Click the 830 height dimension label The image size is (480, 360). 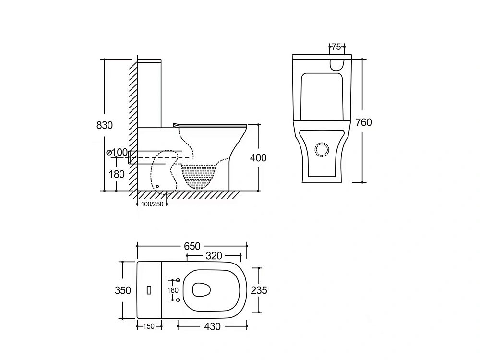click(x=104, y=125)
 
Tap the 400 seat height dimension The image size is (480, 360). click(x=258, y=157)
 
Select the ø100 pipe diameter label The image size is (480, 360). click(x=117, y=152)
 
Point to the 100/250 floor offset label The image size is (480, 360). click(x=152, y=204)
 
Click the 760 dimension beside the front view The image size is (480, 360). click(x=364, y=122)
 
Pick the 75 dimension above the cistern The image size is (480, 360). click(x=336, y=47)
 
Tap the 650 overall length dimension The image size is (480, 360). click(x=192, y=246)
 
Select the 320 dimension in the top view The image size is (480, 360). click(x=214, y=256)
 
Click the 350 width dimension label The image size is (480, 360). click(x=123, y=290)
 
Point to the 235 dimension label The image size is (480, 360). click(x=259, y=290)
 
